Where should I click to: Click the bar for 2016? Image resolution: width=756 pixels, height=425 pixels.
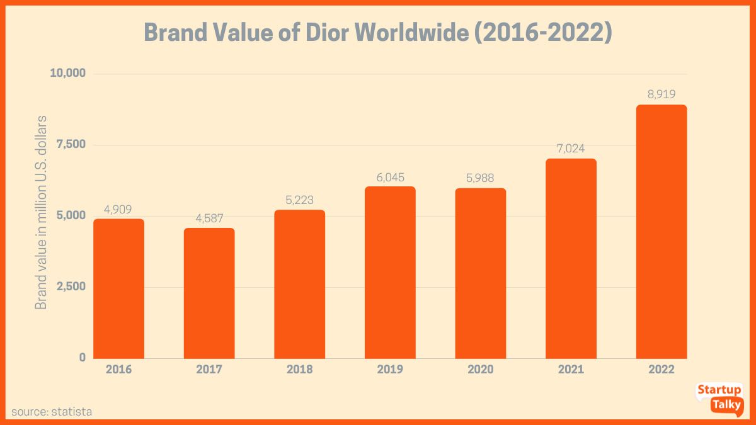(118, 288)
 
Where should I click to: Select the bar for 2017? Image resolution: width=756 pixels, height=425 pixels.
(209, 293)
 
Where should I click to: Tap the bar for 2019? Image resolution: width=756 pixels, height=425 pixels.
(390, 272)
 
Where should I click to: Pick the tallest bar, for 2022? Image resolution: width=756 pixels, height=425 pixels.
(661, 231)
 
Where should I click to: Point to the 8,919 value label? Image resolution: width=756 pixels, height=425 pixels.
(661, 94)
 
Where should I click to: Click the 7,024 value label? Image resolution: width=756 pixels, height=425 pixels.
(571, 149)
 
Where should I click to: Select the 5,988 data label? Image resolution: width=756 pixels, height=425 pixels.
(480, 178)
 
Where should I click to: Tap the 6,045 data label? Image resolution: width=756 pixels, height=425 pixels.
(390, 176)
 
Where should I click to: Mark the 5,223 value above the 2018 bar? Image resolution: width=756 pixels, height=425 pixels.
(299, 200)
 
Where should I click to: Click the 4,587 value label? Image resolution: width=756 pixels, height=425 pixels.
(209, 218)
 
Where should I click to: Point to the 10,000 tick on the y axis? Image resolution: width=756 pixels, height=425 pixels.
(67, 74)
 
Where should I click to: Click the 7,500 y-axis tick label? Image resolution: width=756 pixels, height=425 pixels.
(70, 145)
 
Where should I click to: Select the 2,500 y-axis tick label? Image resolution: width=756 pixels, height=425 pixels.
(70, 286)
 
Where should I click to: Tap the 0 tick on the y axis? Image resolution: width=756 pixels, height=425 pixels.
(82, 358)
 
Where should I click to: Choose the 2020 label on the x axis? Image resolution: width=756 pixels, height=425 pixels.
(480, 370)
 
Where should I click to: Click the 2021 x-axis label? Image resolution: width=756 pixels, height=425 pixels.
(571, 370)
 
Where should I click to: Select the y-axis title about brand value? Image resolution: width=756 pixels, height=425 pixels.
(42, 212)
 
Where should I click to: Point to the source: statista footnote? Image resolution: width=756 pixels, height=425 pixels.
(52, 412)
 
